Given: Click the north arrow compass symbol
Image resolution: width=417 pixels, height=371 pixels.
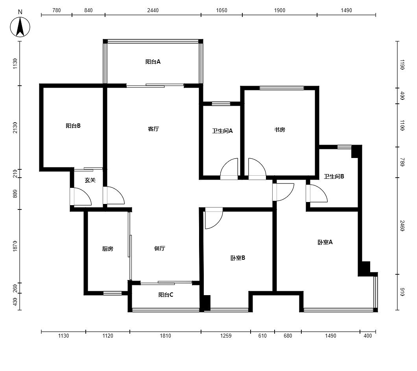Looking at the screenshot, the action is [20, 27].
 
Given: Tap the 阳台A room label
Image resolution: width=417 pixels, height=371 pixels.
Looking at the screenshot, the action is [153, 62].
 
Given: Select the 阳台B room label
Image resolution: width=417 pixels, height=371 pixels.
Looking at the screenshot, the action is [73, 126].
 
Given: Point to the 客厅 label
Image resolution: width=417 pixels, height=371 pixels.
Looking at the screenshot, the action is [153, 129].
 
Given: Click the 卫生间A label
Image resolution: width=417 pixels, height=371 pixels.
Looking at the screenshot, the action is [222, 131].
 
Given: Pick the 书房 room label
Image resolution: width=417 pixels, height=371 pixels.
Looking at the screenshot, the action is [279, 130].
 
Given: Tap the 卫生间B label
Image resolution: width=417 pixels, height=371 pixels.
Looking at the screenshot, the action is [334, 176].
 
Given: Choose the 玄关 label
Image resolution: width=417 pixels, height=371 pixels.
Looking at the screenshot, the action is [90, 180].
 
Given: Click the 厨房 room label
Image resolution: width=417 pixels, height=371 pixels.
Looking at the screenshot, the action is [108, 249].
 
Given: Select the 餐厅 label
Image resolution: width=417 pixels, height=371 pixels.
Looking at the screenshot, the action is [160, 248].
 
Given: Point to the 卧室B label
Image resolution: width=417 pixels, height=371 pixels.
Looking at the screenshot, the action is [238, 258].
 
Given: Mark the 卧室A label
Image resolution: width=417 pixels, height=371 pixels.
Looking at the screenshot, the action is [325, 242].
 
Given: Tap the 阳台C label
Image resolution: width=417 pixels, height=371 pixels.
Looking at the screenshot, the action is [166, 295].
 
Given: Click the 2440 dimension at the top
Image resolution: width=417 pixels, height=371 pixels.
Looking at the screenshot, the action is [153, 10].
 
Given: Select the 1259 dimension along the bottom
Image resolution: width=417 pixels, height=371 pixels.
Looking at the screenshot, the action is [226, 336].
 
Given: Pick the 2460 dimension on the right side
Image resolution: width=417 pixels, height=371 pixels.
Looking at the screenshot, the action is [402, 226].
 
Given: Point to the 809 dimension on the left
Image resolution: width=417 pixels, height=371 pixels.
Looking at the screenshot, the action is [15, 193].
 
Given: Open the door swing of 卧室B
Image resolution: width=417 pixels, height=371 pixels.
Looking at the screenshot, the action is [214, 218].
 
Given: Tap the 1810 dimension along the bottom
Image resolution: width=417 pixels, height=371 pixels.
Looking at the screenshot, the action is [165, 336].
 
